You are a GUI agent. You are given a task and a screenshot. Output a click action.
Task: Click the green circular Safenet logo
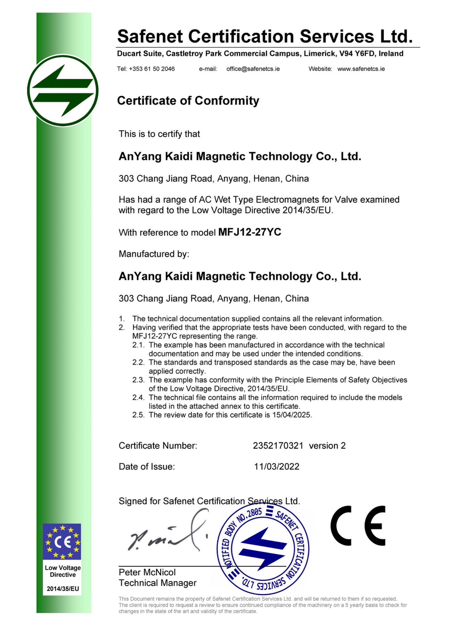pyautogui.click(x=63, y=91)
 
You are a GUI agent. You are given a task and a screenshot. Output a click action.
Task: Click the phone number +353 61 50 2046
pyautogui.click(x=151, y=69)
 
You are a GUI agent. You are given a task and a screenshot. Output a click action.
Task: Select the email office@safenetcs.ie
pyautogui.click(x=253, y=69)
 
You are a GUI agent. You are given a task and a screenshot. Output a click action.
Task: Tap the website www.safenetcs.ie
pyautogui.click(x=361, y=69)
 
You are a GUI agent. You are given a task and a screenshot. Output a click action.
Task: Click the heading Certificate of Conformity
pyautogui.click(x=188, y=101)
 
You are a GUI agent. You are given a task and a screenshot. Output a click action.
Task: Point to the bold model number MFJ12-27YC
pyautogui.click(x=250, y=232)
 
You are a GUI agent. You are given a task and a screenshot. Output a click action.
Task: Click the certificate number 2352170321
pyautogui.click(x=278, y=446)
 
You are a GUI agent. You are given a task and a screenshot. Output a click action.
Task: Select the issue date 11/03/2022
pyautogui.click(x=277, y=467)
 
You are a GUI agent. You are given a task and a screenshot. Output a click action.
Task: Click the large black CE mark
pyautogui.click(x=358, y=526)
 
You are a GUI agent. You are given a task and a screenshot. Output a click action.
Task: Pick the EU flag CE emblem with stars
pyautogui.click(x=62, y=542)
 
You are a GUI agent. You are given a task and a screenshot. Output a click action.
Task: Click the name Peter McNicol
pyautogui.click(x=147, y=572)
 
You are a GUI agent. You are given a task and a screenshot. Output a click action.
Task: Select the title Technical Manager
pyautogui.click(x=157, y=583)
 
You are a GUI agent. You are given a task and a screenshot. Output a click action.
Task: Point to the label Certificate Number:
pyautogui.click(x=158, y=446)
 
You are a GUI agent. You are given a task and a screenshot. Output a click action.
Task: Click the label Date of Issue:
pyautogui.click(x=147, y=467)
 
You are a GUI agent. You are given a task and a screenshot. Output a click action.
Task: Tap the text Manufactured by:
pyautogui.click(x=154, y=254)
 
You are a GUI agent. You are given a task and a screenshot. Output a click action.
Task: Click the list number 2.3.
pyautogui.click(x=138, y=380)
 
